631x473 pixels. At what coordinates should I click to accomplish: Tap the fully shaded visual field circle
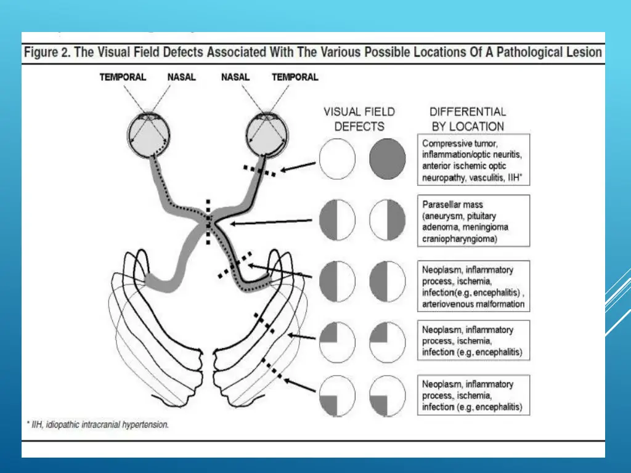[388, 158]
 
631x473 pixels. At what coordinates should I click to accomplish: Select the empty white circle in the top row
[338, 158]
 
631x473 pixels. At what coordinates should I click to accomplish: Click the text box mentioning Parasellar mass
[473, 221]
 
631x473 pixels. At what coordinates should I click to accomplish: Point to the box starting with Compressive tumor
[473, 160]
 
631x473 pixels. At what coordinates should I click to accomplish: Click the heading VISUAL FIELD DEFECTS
[359, 119]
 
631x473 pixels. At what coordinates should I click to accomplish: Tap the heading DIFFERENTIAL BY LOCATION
[467, 119]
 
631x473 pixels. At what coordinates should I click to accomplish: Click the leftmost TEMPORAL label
[123, 78]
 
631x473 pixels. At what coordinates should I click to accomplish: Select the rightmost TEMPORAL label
[295, 78]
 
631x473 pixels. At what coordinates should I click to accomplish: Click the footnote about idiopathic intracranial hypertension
[97, 425]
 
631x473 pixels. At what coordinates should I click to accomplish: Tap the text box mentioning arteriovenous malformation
[473, 286]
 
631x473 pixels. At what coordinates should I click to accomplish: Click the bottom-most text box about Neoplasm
[473, 395]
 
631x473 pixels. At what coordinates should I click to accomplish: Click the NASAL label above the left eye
[182, 78]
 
